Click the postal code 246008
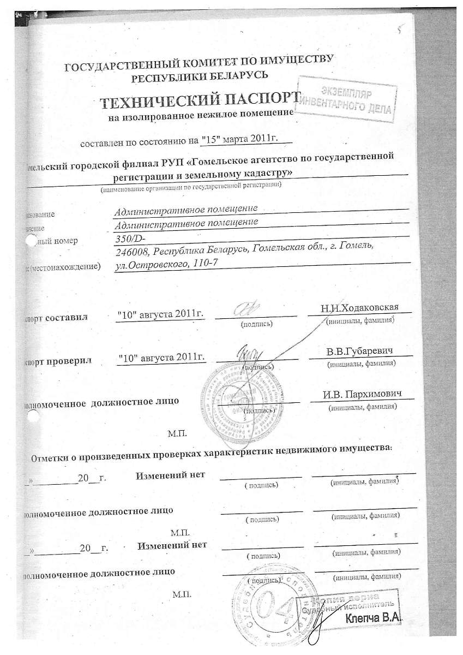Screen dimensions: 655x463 pos(133,252)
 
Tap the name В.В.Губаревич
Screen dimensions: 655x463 pos(360,349)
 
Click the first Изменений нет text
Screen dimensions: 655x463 pos(171,474)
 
